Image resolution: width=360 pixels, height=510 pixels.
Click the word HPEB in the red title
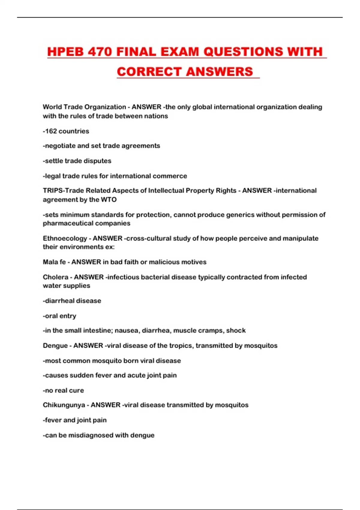tap(65, 52)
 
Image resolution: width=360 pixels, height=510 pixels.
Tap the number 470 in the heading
tap(100, 52)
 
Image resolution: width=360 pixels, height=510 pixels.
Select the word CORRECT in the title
tap(149, 72)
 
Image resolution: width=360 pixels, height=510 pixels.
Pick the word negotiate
tap(59, 146)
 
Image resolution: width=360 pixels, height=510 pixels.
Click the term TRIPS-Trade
tap(63, 190)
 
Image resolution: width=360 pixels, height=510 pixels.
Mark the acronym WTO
tap(109, 199)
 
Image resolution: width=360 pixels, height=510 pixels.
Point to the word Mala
tap(50, 262)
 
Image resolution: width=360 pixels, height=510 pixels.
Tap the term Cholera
tap(55, 277)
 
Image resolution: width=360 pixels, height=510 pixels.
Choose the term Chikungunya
tap(64, 405)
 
